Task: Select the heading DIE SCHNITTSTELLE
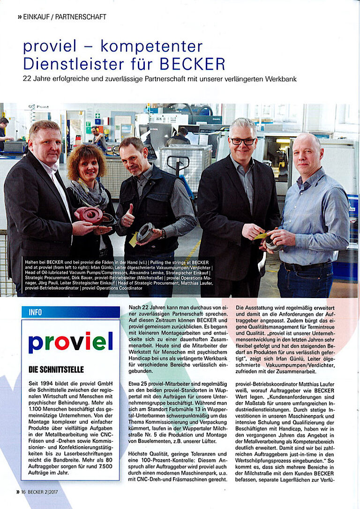point(56,370)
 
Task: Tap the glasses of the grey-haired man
point(242,141)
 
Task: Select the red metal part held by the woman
point(90,214)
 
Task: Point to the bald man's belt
point(300,267)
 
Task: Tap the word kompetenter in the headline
point(151,47)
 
